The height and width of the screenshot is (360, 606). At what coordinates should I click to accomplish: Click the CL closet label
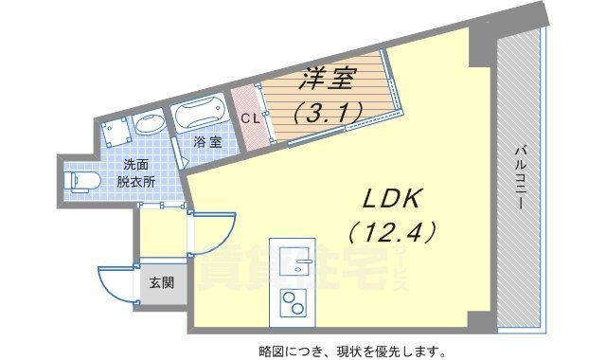pyautogui.click(x=249, y=119)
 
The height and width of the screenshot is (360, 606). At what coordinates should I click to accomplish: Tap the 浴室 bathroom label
pyautogui.click(x=207, y=142)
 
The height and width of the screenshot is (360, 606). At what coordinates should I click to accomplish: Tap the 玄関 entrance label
pyautogui.click(x=160, y=282)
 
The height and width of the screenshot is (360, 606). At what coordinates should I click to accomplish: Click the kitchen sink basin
pyautogui.click(x=299, y=261)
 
